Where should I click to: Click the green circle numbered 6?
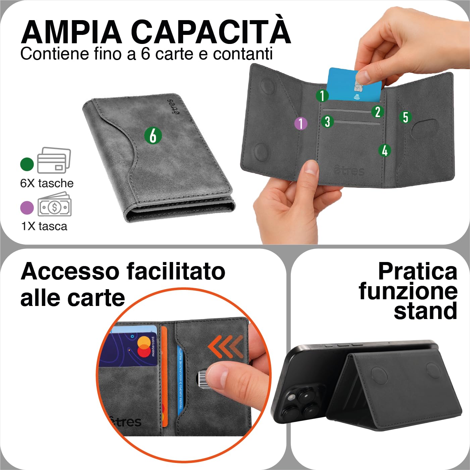[x=153, y=136]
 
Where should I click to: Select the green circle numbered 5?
[x=406, y=117]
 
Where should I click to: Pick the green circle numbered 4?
[x=385, y=150]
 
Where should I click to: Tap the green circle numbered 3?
[x=327, y=121]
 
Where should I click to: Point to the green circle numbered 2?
[x=377, y=112]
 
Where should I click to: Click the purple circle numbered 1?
[x=301, y=123]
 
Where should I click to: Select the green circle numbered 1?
[x=322, y=96]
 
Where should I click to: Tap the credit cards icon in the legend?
[x=54, y=160]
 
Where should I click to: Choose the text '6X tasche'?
[x=47, y=183]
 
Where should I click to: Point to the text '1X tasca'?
[x=44, y=226]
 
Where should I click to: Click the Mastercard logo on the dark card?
[x=144, y=347]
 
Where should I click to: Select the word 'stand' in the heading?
[x=425, y=311]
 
